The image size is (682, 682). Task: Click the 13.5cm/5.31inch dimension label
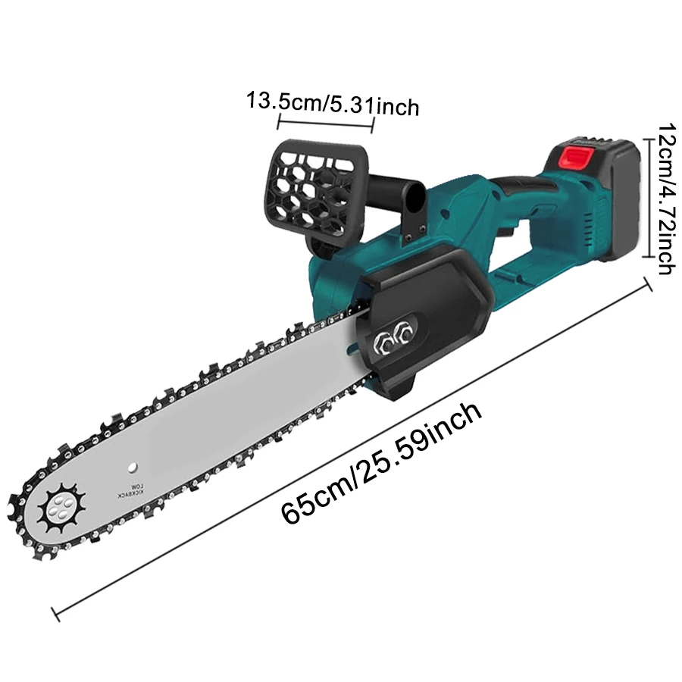pos(333,105)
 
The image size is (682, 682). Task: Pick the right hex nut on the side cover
pos(404,333)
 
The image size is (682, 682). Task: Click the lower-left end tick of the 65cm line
pos(55,614)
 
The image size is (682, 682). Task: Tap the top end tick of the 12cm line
pos(649,139)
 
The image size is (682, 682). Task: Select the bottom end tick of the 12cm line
pos(649,258)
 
